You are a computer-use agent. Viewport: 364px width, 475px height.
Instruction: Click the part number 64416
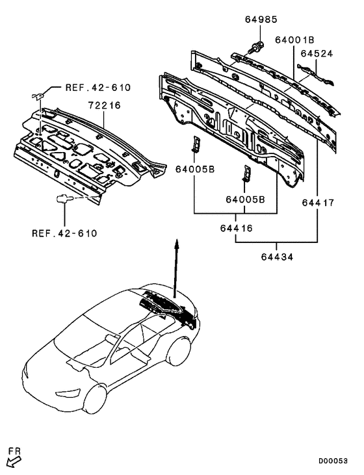pos(235,228)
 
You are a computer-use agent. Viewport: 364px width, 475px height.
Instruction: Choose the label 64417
pos(318,202)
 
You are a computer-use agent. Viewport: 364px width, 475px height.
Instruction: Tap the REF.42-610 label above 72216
pos(97,88)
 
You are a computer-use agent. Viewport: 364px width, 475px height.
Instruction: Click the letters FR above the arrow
pos(13,449)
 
